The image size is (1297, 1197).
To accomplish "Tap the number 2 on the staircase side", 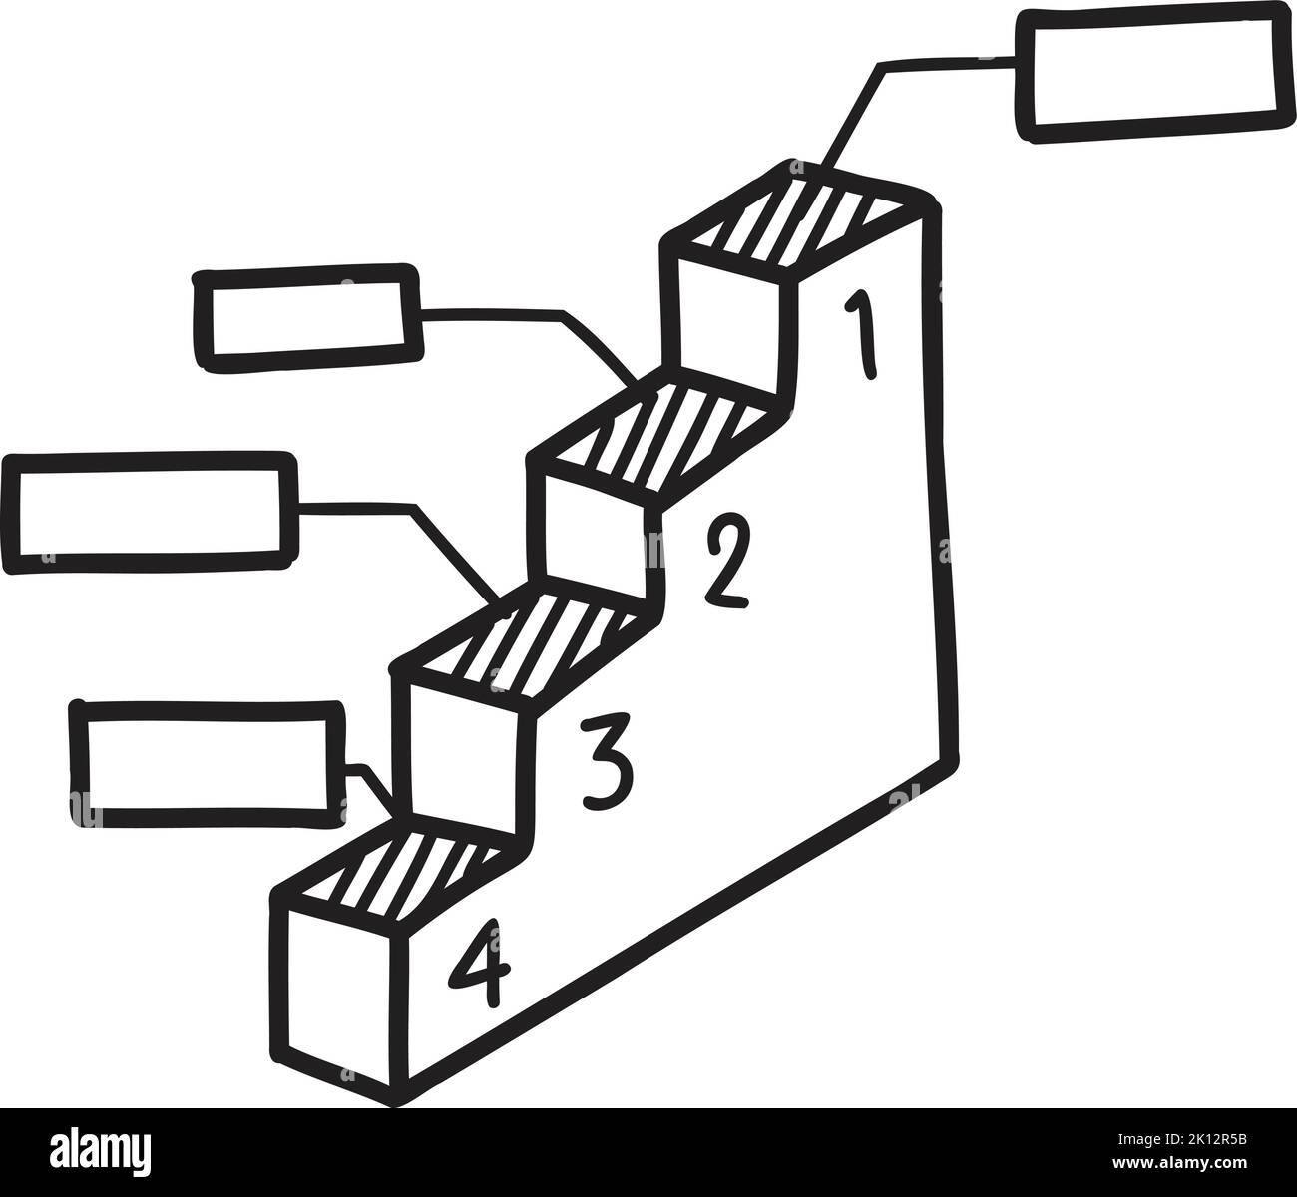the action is [726, 563].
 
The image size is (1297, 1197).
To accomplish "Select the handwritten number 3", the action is [606, 761].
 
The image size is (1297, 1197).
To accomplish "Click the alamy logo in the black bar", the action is [100, 1152].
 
